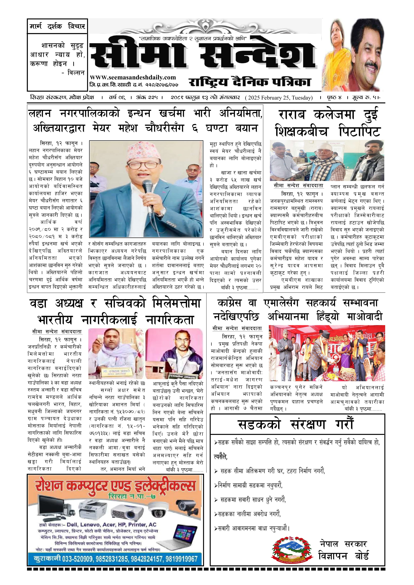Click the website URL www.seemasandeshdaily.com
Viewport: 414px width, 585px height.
pos(133,77)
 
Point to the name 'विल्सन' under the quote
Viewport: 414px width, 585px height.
pos(76,73)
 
